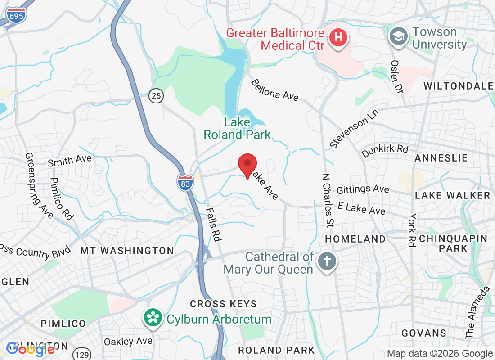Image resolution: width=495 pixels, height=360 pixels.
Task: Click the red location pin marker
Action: [247, 165]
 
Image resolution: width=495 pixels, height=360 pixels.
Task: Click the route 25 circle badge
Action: [156, 95]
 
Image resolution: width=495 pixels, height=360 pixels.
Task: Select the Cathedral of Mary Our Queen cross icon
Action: [325, 262]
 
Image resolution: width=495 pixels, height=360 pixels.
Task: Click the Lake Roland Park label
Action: [237, 128]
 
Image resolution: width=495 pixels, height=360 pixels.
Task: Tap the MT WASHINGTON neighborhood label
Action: [127, 251]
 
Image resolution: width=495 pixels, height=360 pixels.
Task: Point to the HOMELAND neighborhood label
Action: [355, 239]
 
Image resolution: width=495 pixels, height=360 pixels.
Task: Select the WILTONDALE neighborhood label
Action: [458, 85]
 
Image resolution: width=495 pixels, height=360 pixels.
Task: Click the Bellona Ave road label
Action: [274, 90]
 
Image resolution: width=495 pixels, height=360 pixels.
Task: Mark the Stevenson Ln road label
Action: [354, 128]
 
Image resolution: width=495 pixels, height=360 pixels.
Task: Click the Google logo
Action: [31, 349]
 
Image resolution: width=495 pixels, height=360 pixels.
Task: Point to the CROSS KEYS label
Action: [223, 304]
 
